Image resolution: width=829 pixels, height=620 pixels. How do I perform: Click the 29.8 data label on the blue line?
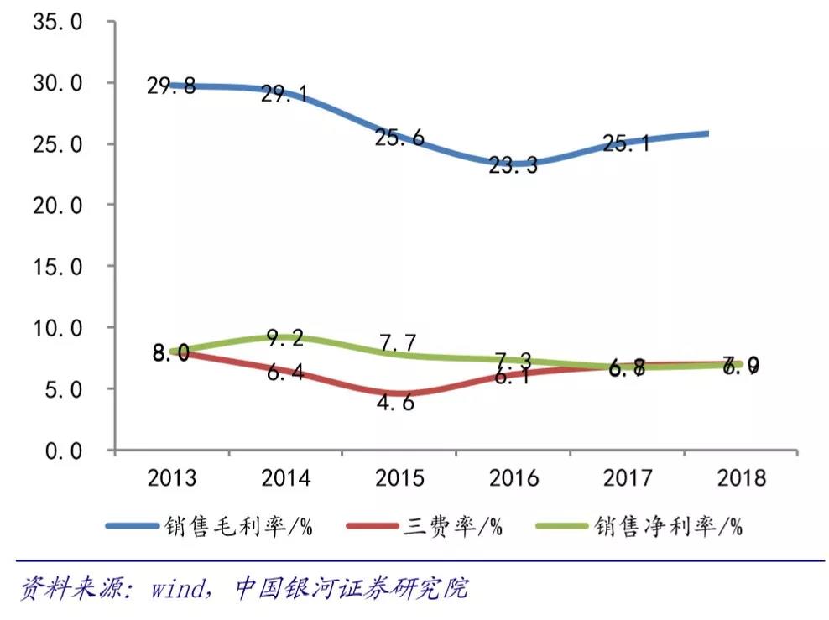tap(171, 86)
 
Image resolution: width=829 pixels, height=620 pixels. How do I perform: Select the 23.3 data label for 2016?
tap(514, 166)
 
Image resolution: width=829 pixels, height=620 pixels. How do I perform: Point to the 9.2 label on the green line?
tap(286, 339)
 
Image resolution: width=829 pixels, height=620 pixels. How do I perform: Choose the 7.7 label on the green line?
tap(399, 343)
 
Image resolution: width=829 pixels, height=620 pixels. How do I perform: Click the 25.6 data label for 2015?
tap(399, 138)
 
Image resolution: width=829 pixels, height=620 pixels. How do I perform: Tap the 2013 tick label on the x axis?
tap(171, 478)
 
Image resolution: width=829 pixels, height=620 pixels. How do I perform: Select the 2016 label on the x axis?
tap(514, 478)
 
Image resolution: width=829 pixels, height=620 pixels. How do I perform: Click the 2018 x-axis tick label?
tap(742, 478)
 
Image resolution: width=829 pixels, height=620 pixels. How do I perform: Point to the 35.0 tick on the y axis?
tap(57, 22)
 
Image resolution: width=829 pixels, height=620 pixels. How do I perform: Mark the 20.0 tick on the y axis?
tap(57, 206)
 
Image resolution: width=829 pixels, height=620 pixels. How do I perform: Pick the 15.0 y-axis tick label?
tap(57, 267)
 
